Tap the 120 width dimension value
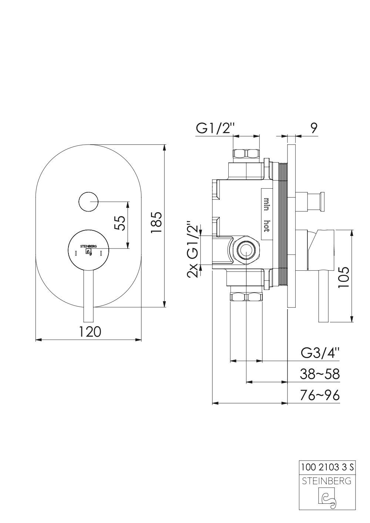click(x=90, y=331)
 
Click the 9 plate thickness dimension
click(x=313, y=128)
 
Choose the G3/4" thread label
click(x=320, y=353)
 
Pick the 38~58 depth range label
click(x=320, y=374)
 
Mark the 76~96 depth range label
click(x=320, y=395)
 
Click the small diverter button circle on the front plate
click(x=88, y=202)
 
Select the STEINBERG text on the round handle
click(x=88, y=246)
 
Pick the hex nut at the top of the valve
click(x=246, y=154)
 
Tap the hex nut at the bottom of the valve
click(x=246, y=297)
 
